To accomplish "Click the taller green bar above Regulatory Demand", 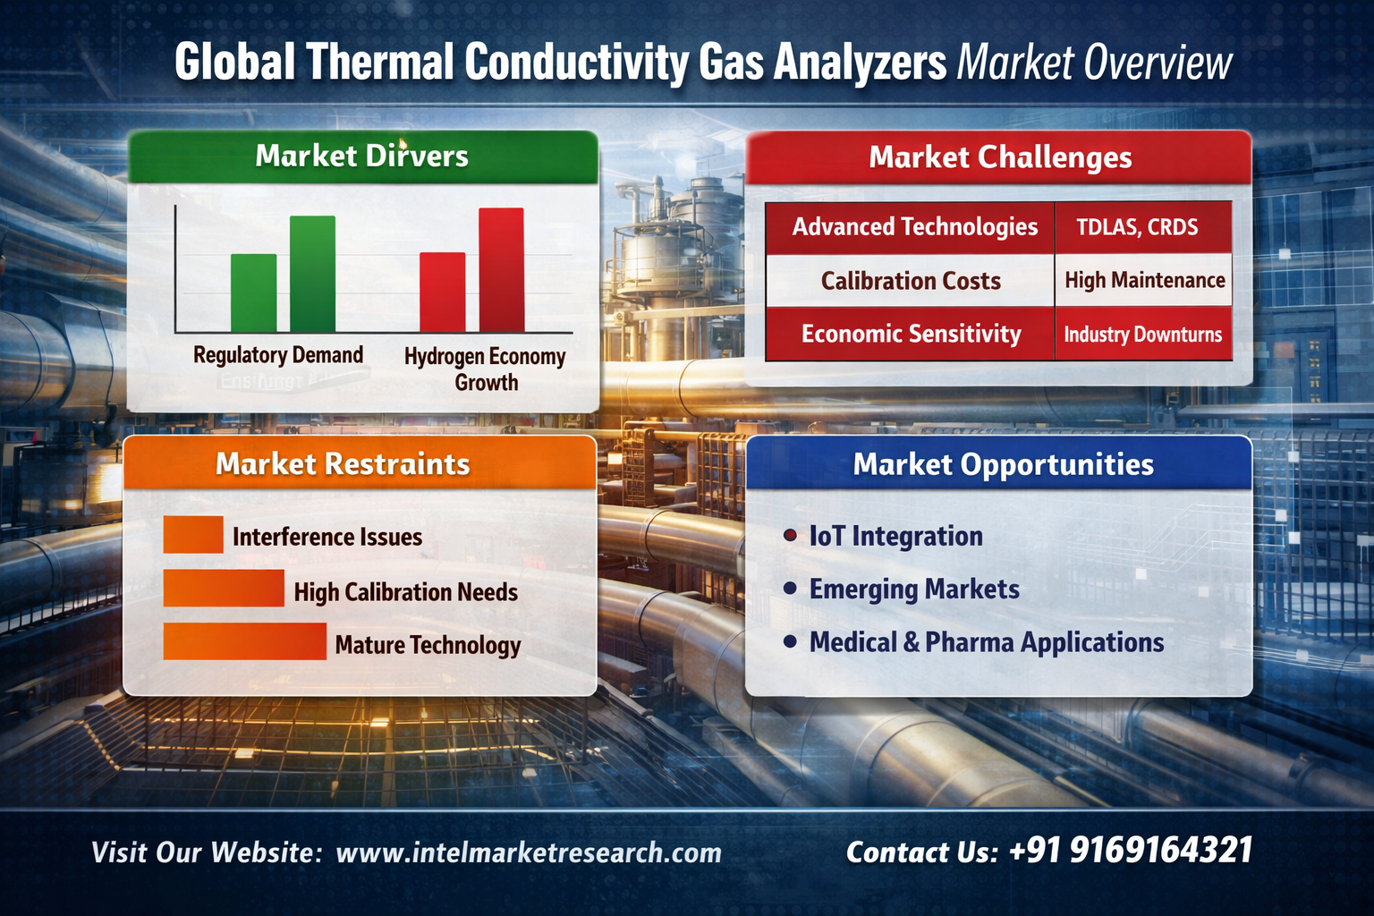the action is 312,274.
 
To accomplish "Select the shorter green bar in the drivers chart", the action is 253,293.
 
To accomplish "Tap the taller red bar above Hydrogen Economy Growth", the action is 502,270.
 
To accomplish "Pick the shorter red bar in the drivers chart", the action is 442,292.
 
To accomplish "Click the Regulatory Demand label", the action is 278,355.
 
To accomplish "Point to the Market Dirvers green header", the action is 362,157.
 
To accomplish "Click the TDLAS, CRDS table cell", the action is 1143,227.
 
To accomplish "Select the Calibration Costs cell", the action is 911,281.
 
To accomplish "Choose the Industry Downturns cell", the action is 1143,335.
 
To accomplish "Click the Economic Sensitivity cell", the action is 911,334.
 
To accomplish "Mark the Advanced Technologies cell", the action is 911,227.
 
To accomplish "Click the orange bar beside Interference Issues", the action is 193,534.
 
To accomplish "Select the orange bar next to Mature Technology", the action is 245,641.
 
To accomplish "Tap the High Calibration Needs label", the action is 405,592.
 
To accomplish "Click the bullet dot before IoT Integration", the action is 790,536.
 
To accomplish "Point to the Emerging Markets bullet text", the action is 914,589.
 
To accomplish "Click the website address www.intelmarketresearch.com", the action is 529,852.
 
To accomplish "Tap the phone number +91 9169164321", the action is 1131,851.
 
